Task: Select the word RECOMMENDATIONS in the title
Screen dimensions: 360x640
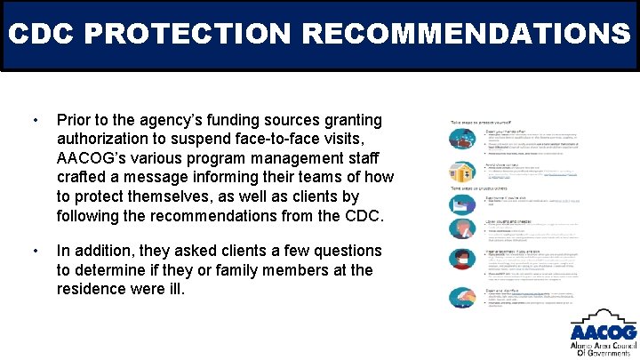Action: [467, 35]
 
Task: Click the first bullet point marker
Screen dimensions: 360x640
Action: [34, 120]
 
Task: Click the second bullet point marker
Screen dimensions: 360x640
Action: [34, 252]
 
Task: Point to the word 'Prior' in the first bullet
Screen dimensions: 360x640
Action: [75, 120]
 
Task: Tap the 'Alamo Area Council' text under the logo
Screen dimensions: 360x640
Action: [603, 343]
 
